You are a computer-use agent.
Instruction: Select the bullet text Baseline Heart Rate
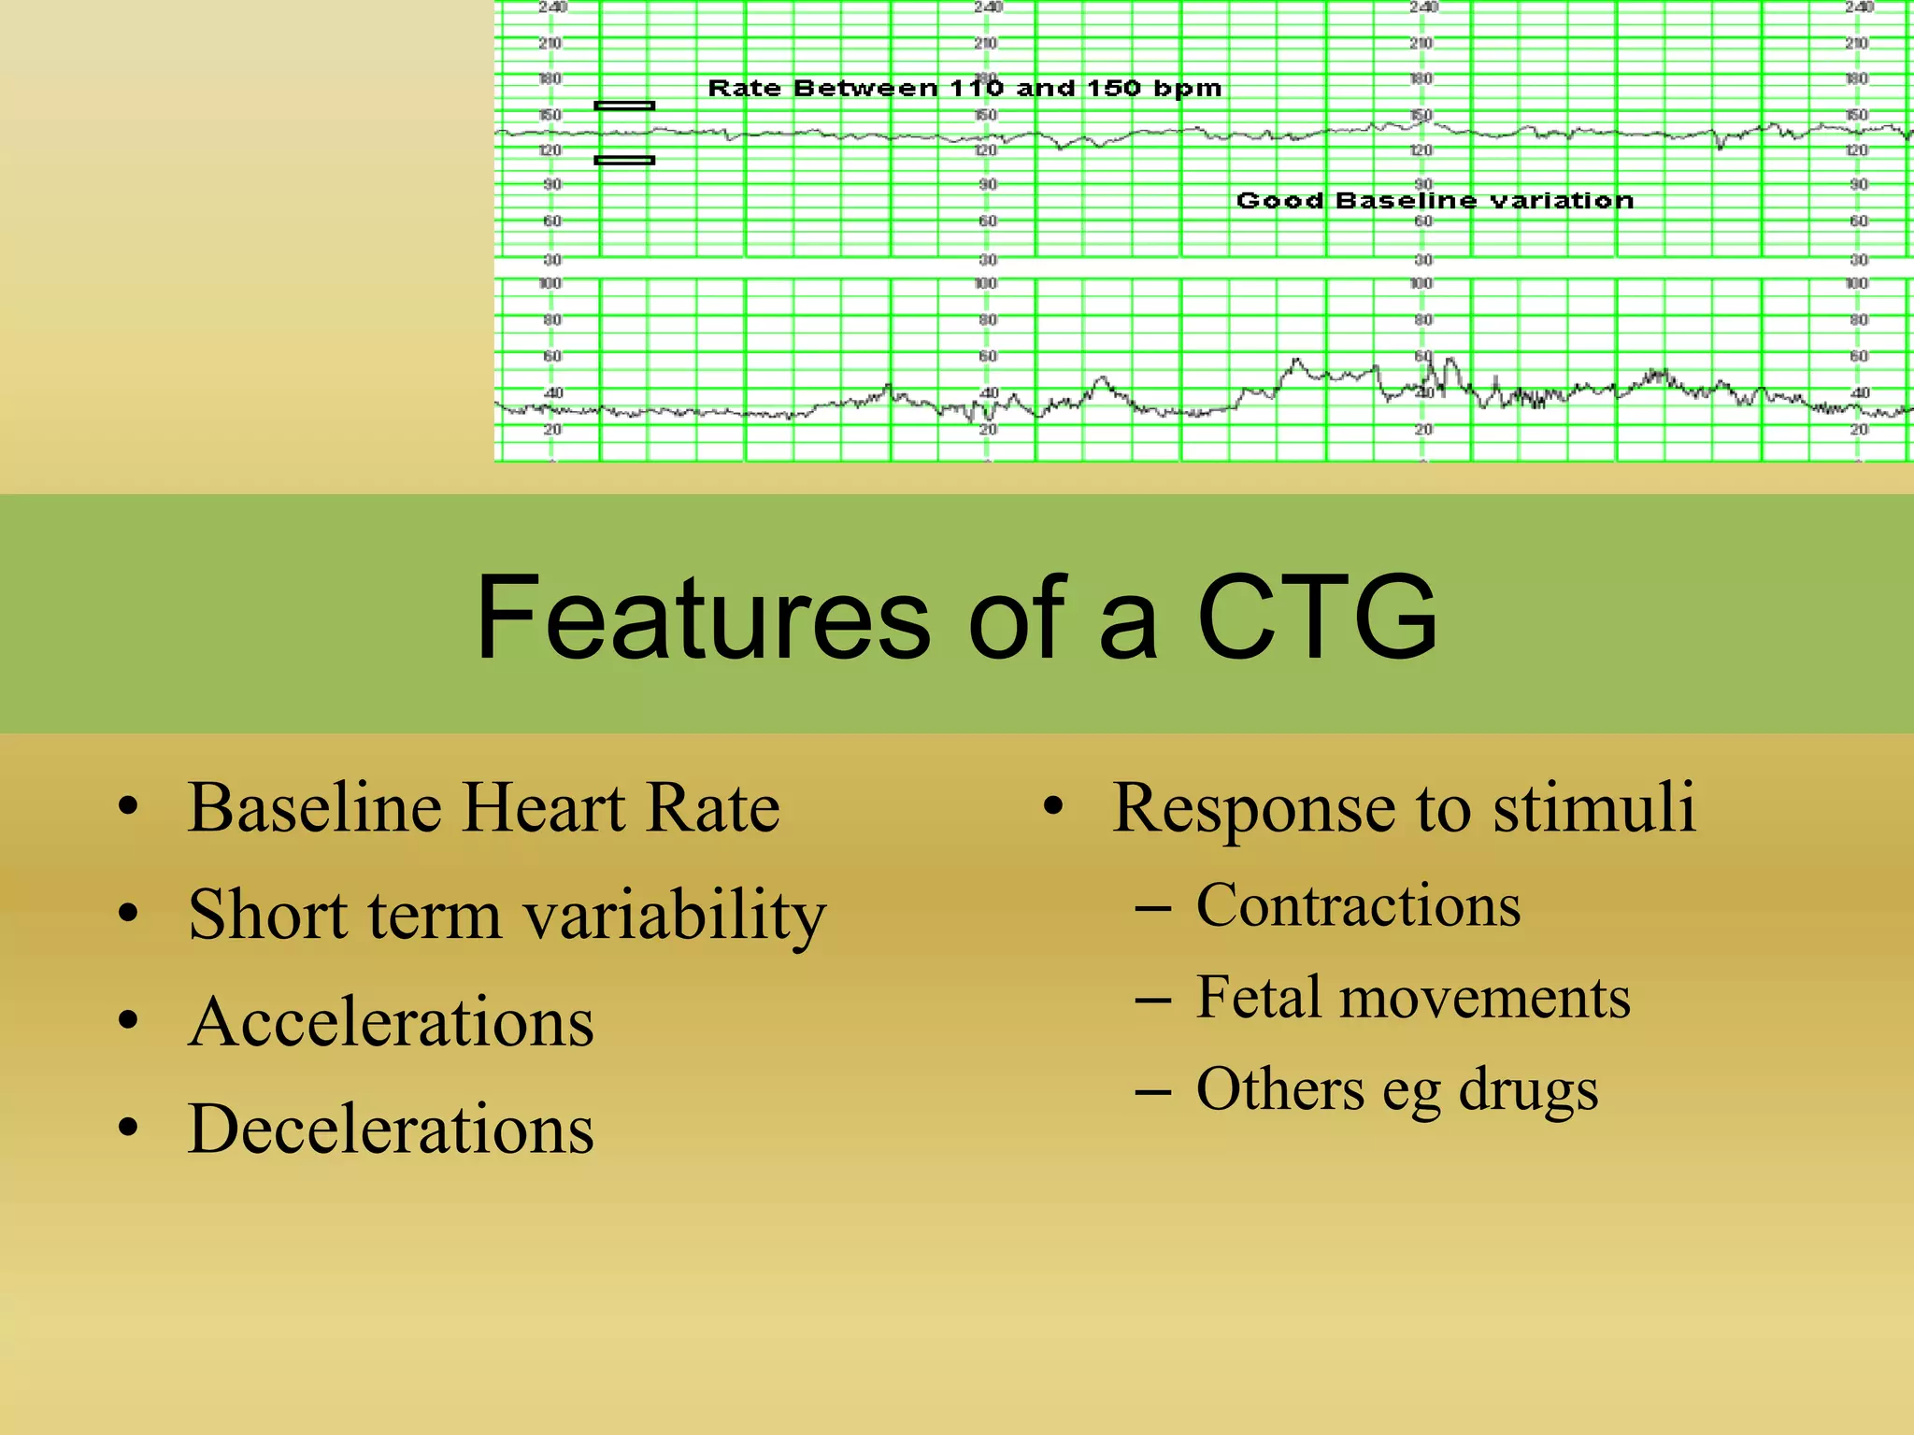pos(483,807)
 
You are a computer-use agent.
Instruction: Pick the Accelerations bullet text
pos(391,1022)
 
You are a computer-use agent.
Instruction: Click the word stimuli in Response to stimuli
pos(1593,807)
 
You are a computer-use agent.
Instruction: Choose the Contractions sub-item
pos(1358,905)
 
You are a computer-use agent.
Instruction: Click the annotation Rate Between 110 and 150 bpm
pos(964,89)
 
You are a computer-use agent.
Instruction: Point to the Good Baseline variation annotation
pos(1435,201)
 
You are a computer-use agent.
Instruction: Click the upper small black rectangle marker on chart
pos(624,106)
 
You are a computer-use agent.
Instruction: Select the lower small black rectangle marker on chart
pos(624,161)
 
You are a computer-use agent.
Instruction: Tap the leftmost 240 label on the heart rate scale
pos(551,7)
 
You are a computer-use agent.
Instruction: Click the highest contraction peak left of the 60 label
pos(1295,360)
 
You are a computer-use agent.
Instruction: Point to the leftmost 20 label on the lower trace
pos(552,430)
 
